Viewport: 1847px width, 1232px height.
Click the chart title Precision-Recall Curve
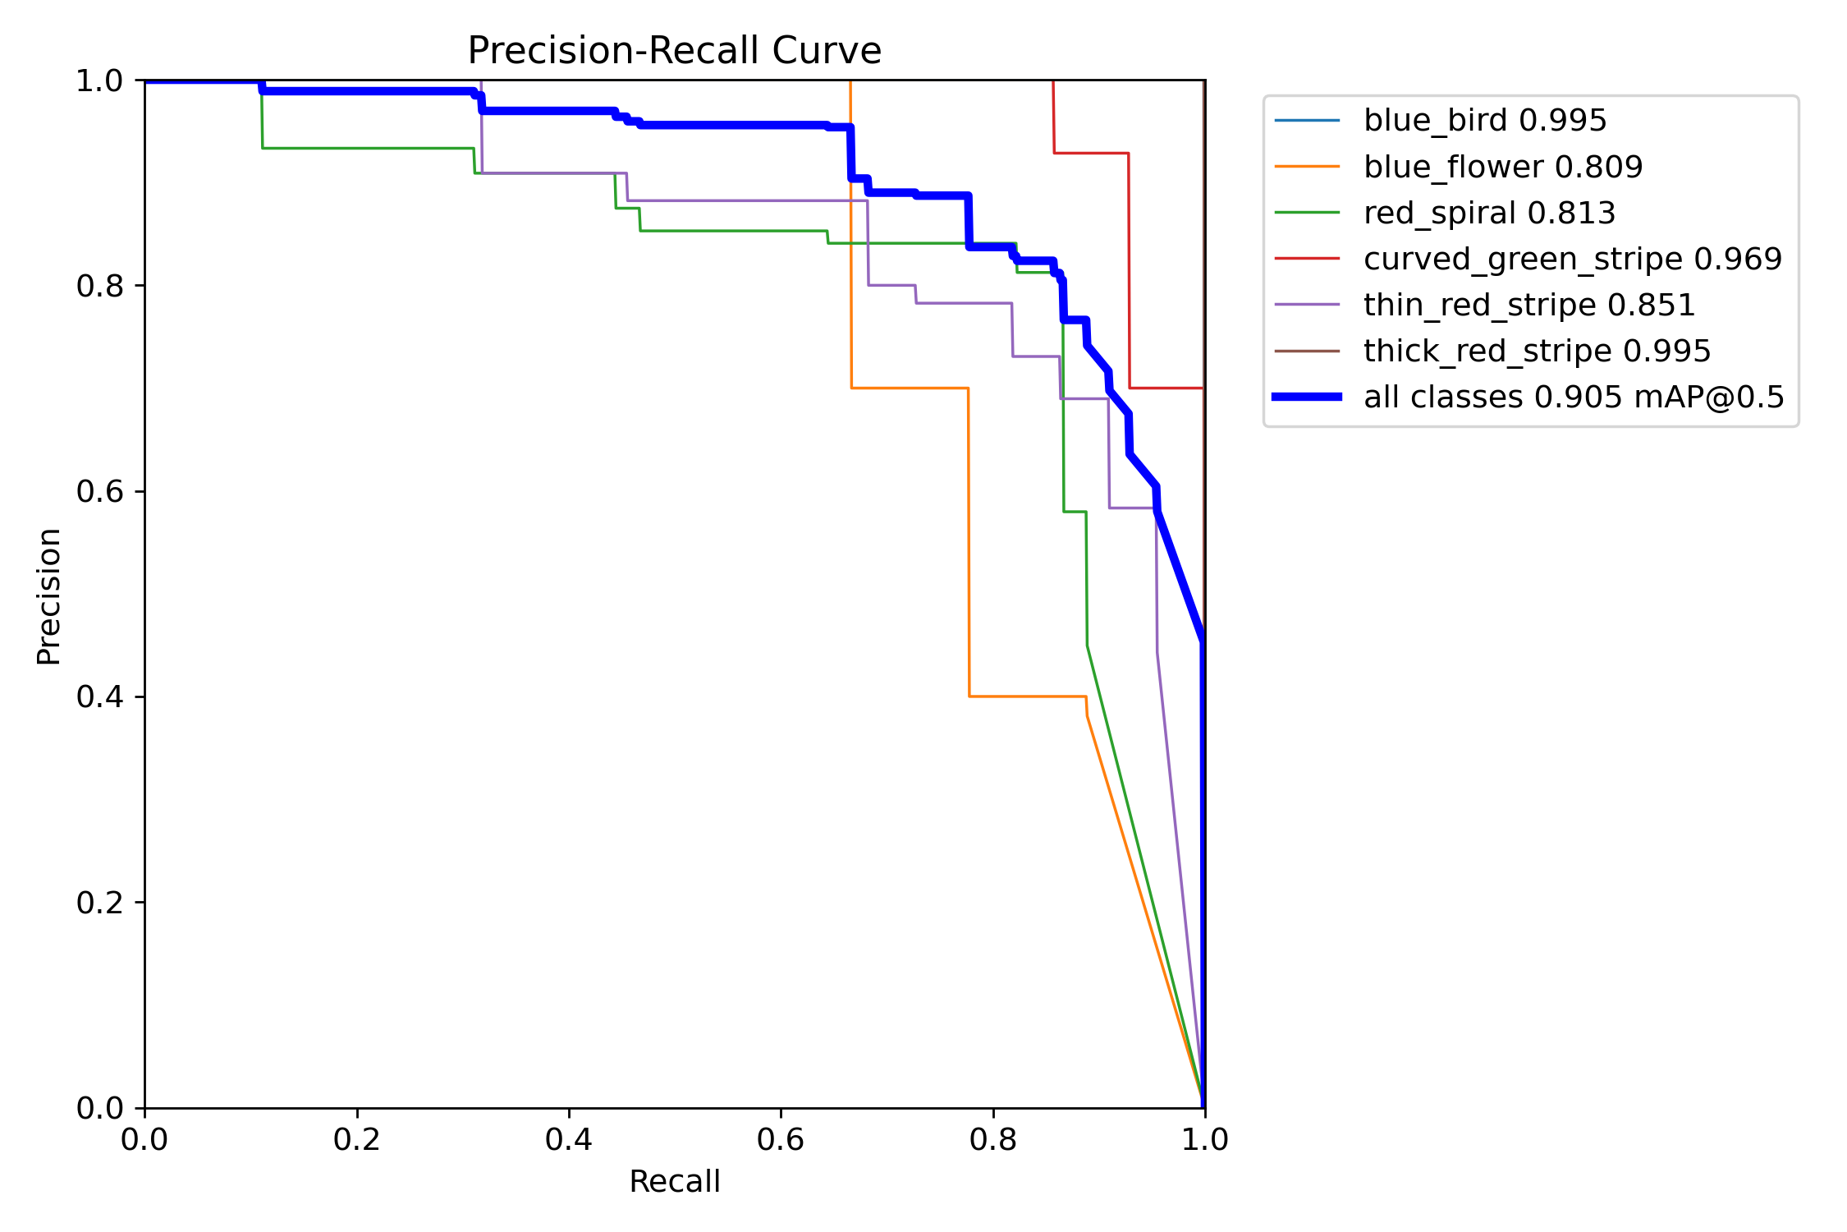click(x=674, y=51)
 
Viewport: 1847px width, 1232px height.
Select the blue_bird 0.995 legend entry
click(x=1484, y=121)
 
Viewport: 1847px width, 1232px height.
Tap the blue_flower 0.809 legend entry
click(x=1502, y=168)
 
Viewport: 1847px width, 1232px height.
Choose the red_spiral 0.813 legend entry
click(x=1489, y=214)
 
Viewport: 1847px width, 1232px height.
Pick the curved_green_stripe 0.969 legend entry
click(x=1572, y=260)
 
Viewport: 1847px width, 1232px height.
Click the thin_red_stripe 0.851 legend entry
click(x=1528, y=306)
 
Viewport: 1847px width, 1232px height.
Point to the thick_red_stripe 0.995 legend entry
click(x=1537, y=352)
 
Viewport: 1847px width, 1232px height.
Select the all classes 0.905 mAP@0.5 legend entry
click(x=1574, y=398)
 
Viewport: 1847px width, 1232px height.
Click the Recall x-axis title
click(x=674, y=1182)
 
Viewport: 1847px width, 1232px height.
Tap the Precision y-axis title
click(x=49, y=596)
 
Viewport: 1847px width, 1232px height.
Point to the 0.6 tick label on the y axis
click(x=99, y=492)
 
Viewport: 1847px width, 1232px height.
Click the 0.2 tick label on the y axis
click(x=99, y=903)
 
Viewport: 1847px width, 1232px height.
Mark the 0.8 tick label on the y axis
click(x=99, y=287)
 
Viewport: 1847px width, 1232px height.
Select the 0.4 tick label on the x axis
click(x=569, y=1140)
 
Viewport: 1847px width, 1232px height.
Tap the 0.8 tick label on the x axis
click(x=993, y=1140)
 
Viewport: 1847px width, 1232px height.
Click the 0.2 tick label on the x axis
click(x=357, y=1140)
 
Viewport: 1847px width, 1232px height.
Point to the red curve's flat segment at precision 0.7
click(x=1166, y=388)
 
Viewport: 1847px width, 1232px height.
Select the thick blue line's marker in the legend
click(x=1307, y=398)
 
